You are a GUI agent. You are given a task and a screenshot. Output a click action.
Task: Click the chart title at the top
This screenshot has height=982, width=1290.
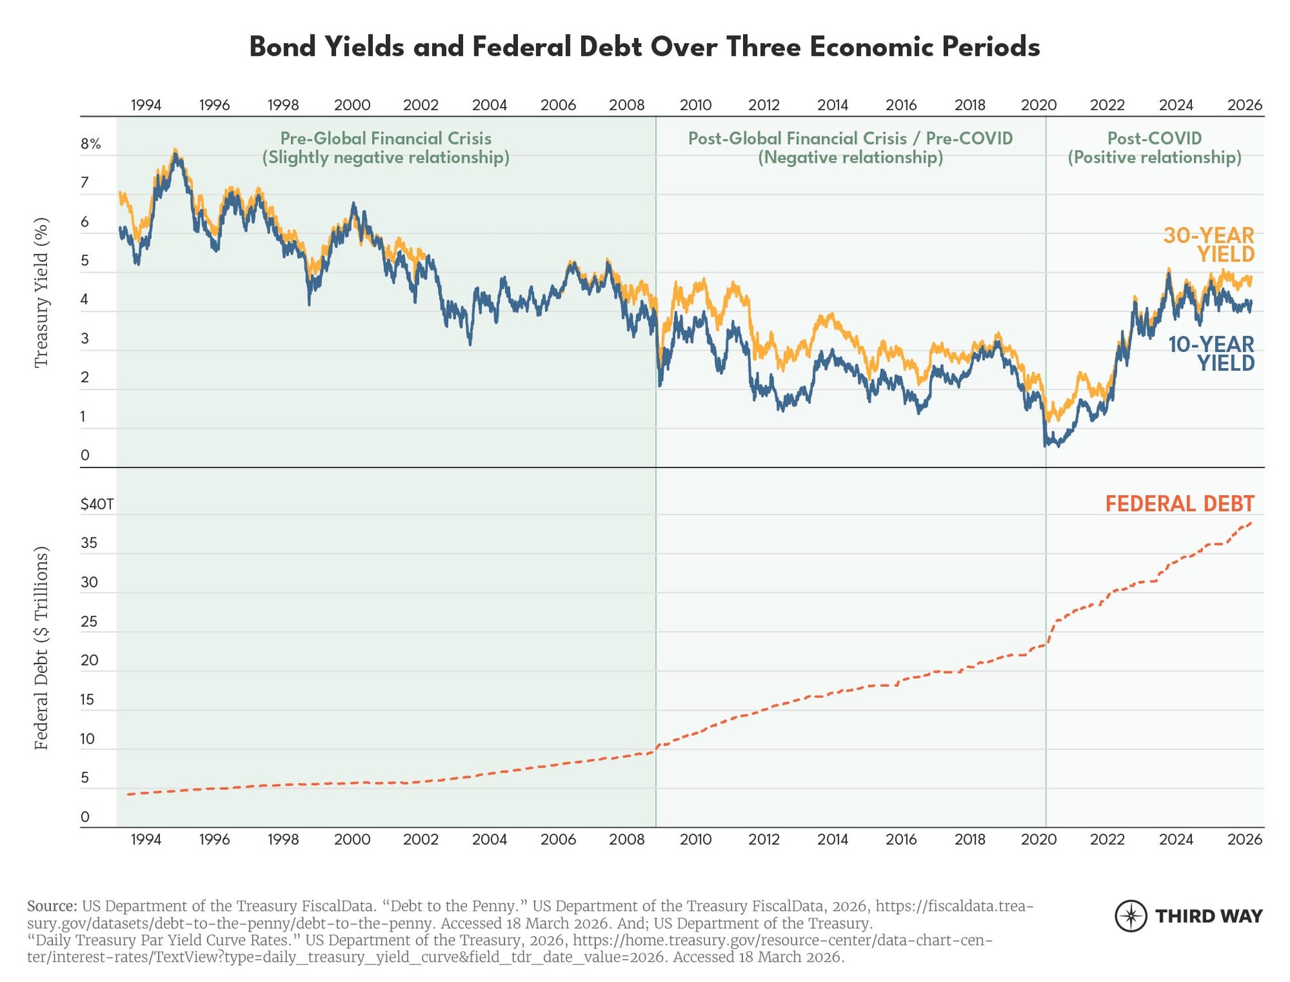coord(644,47)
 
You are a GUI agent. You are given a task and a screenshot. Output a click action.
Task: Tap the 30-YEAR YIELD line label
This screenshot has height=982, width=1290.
coord(1209,244)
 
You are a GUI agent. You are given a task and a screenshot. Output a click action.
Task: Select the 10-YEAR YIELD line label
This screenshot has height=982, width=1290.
coord(1211,353)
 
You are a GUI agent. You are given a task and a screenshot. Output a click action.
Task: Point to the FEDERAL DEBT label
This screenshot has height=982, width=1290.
coord(1179,504)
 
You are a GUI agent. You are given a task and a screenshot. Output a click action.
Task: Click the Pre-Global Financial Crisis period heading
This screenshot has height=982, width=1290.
coord(386,138)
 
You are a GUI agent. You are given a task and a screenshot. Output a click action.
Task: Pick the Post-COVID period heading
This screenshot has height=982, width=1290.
coord(1154,138)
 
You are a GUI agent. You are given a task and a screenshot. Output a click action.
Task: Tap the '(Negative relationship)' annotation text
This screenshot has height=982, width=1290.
coord(850,158)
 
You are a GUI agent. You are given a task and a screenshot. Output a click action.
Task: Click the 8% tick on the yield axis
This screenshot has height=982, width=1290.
coord(91,144)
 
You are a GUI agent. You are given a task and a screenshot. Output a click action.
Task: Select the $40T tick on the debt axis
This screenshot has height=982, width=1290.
coord(97,504)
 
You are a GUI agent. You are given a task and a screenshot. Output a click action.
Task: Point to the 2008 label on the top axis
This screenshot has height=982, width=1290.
coord(626,105)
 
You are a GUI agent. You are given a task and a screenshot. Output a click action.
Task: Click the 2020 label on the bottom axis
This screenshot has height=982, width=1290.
coord(1038,839)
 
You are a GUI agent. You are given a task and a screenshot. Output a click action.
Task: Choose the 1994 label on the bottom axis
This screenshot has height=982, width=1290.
coord(146,839)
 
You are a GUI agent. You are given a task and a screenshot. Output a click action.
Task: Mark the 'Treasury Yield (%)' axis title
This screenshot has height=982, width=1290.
coord(42,292)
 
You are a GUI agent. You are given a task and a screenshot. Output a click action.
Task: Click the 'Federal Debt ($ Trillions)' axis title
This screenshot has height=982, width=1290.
coord(42,648)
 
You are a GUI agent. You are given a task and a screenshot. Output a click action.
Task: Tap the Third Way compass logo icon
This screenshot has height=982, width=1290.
coord(1131,916)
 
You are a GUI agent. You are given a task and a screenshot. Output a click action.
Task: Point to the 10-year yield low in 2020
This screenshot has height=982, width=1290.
coord(1046,445)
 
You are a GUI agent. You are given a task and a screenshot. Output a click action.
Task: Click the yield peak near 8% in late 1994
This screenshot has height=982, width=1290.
coord(175,152)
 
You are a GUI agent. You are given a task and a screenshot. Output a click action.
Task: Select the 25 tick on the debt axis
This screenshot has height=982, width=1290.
coord(89,621)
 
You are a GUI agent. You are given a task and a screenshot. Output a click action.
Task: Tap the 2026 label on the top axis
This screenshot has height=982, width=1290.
coord(1244,105)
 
